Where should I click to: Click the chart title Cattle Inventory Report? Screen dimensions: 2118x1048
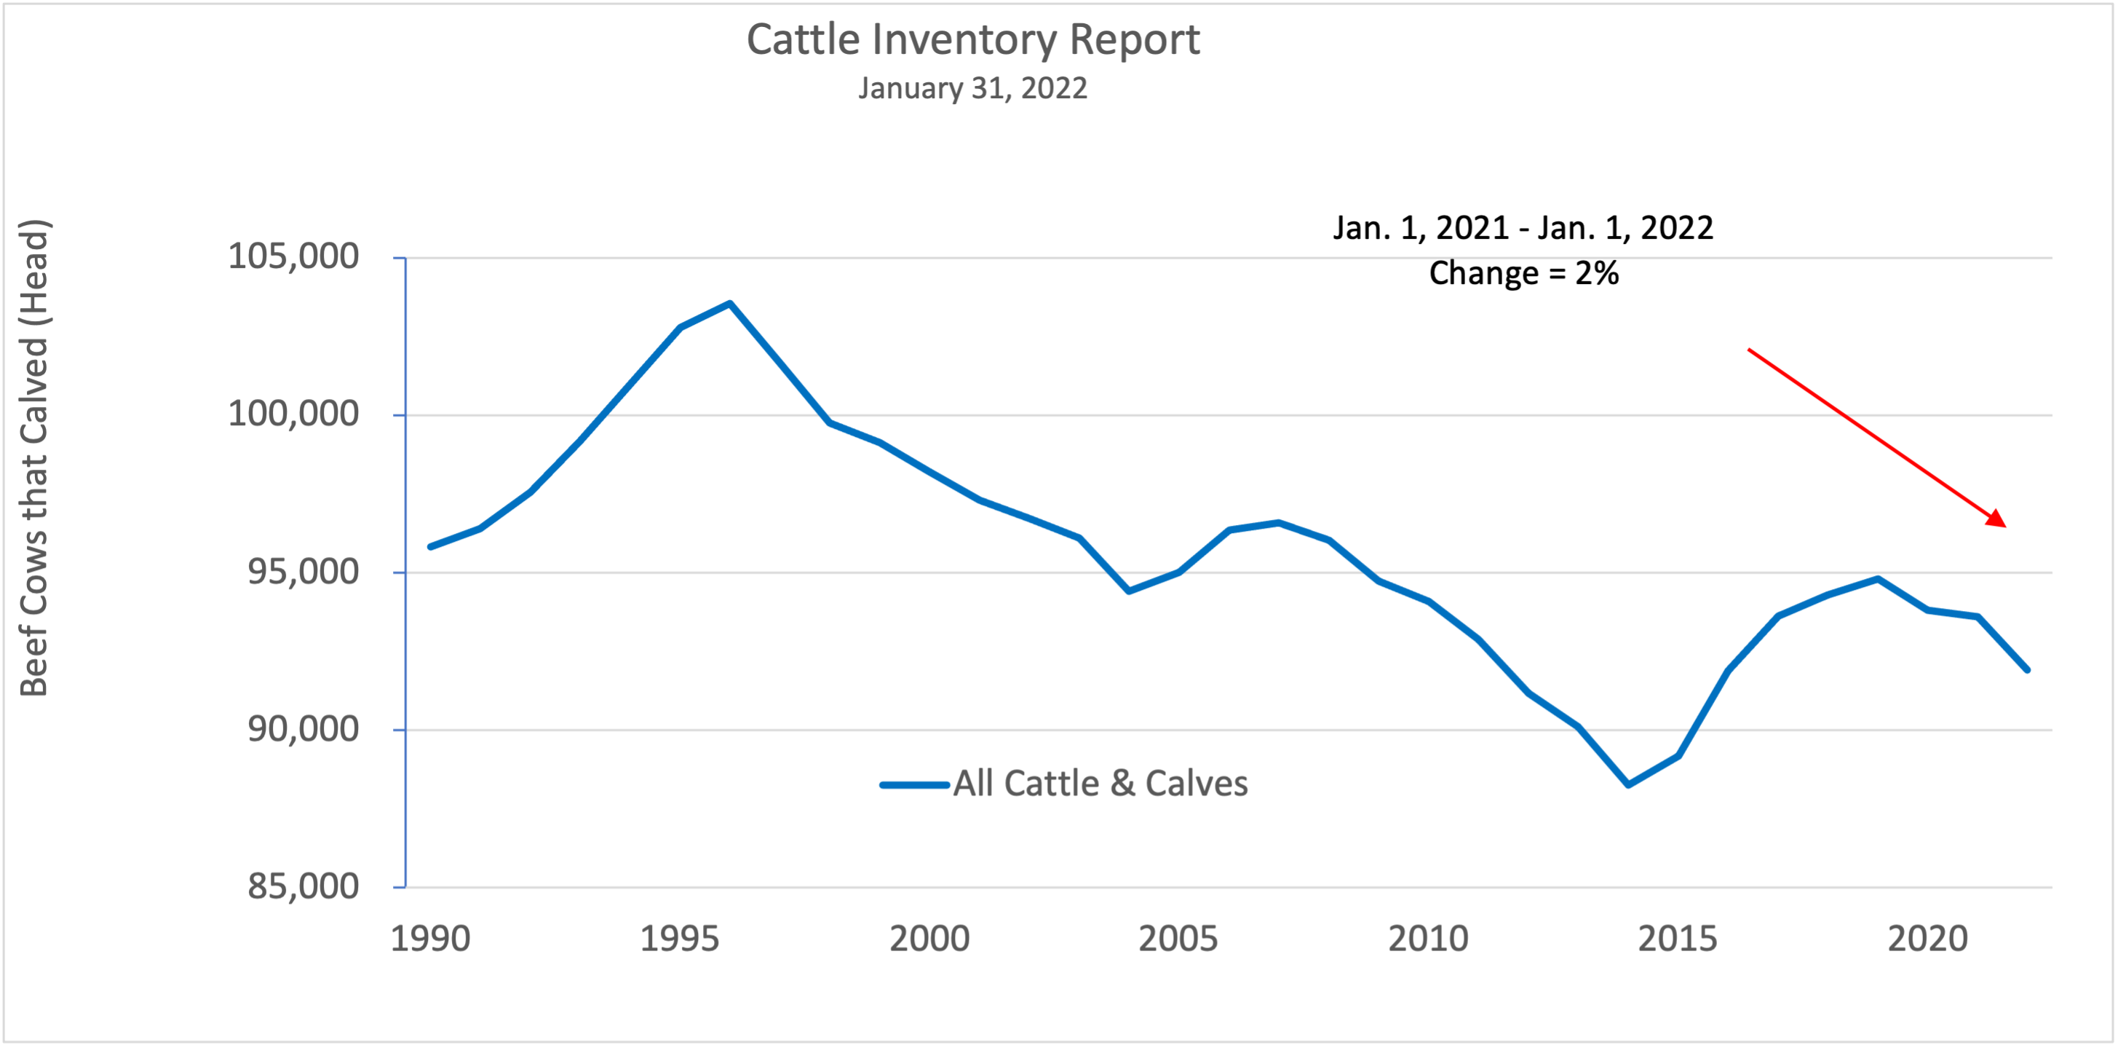(x=972, y=40)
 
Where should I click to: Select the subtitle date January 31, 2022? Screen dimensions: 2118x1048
(x=972, y=89)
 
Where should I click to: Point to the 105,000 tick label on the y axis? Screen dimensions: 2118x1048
(x=293, y=256)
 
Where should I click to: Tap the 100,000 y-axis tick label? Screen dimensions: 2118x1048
(x=293, y=414)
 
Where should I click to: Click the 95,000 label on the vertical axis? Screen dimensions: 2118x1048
(x=304, y=572)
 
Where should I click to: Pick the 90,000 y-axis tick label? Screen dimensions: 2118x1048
(x=304, y=729)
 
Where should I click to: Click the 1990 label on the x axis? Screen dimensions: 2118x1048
(x=430, y=939)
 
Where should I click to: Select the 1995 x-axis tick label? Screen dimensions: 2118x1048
(x=680, y=939)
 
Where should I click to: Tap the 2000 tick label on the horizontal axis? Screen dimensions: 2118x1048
(x=930, y=939)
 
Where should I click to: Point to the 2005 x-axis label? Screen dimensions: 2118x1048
(x=1178, y=939)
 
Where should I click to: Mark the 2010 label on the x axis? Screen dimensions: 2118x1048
(x=1429, y=939)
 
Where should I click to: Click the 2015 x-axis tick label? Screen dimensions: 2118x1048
(x=1678, y=939)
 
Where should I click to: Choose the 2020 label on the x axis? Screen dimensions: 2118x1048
(x=1928, y=939)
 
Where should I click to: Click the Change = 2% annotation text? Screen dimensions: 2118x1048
(x=1523, y=273)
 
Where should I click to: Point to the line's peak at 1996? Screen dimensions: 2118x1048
(x=730, y=304)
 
